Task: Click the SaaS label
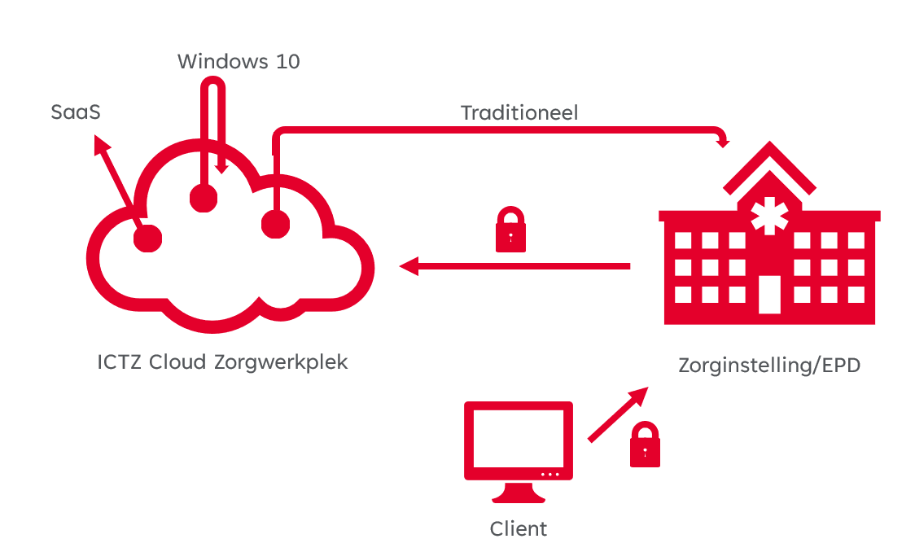[76, 112]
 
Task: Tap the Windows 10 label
[239, 61]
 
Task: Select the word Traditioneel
[519, 112]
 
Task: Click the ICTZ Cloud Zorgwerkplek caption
[222, 361]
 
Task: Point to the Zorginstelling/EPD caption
[769, 366]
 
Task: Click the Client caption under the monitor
[519, 528]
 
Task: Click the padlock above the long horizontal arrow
[510, 230]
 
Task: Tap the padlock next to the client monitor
[645, 445]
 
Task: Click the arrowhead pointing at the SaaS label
[101, 144]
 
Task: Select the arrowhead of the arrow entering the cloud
[408, 266]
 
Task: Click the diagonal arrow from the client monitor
[617, 415]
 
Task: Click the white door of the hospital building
[768, 294]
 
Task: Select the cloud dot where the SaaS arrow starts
[147, 238]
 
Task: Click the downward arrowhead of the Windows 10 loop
[221, 167]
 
